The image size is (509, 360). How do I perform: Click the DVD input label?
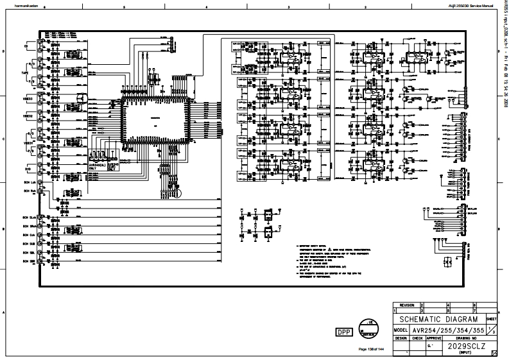pos(28,169)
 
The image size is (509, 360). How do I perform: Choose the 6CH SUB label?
pos(28,244)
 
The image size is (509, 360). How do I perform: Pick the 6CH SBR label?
pos(28,262)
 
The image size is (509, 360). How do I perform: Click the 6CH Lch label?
pos(28,183)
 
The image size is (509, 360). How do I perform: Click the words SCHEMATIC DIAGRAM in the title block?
pos(439,319)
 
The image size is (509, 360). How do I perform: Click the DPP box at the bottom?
pos(343,332)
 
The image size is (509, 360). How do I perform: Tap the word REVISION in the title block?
pos(407,305)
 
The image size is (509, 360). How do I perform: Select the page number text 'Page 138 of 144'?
pos(370,348)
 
